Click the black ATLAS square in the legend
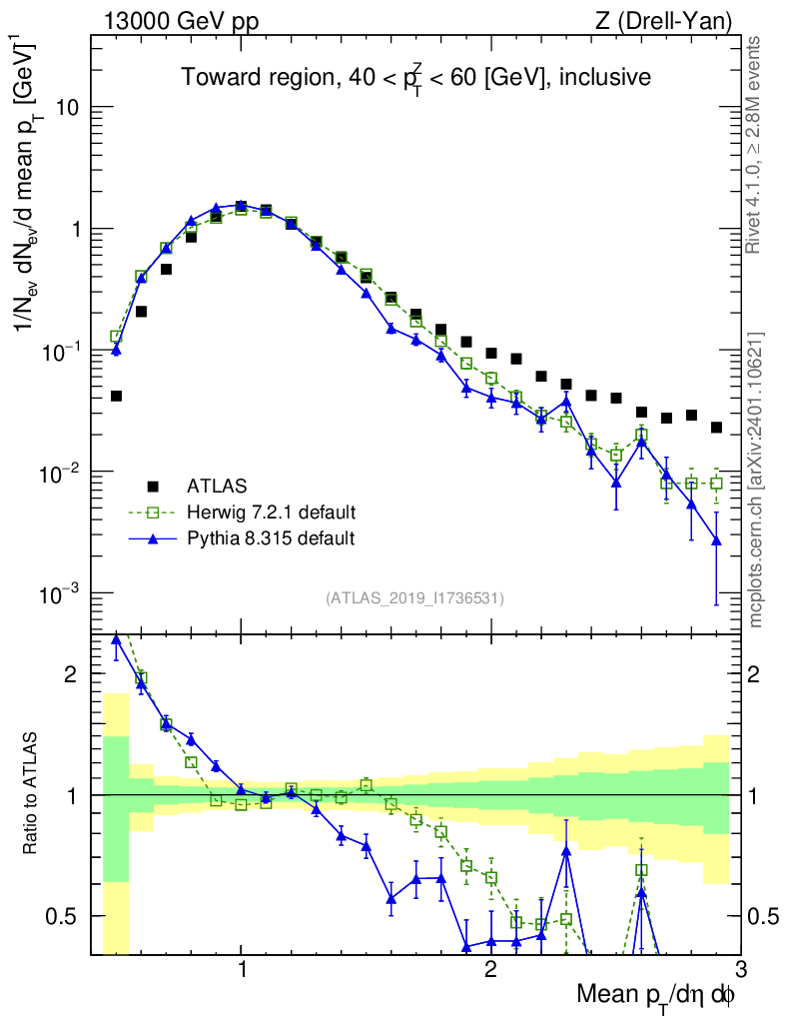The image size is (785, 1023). (153, 487)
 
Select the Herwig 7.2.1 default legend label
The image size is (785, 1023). (272, 512)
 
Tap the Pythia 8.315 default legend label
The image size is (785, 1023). (271, 538)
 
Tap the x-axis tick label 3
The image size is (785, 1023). (739, 969)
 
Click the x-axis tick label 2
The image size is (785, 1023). (490, 969)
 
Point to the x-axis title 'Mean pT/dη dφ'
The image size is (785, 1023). (656, 996)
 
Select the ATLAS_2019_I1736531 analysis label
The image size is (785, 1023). (414, 598)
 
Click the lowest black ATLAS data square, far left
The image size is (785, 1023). (116, 397)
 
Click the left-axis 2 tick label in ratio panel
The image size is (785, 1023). (71, 674)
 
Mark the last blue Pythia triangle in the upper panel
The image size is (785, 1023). (715, 540)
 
